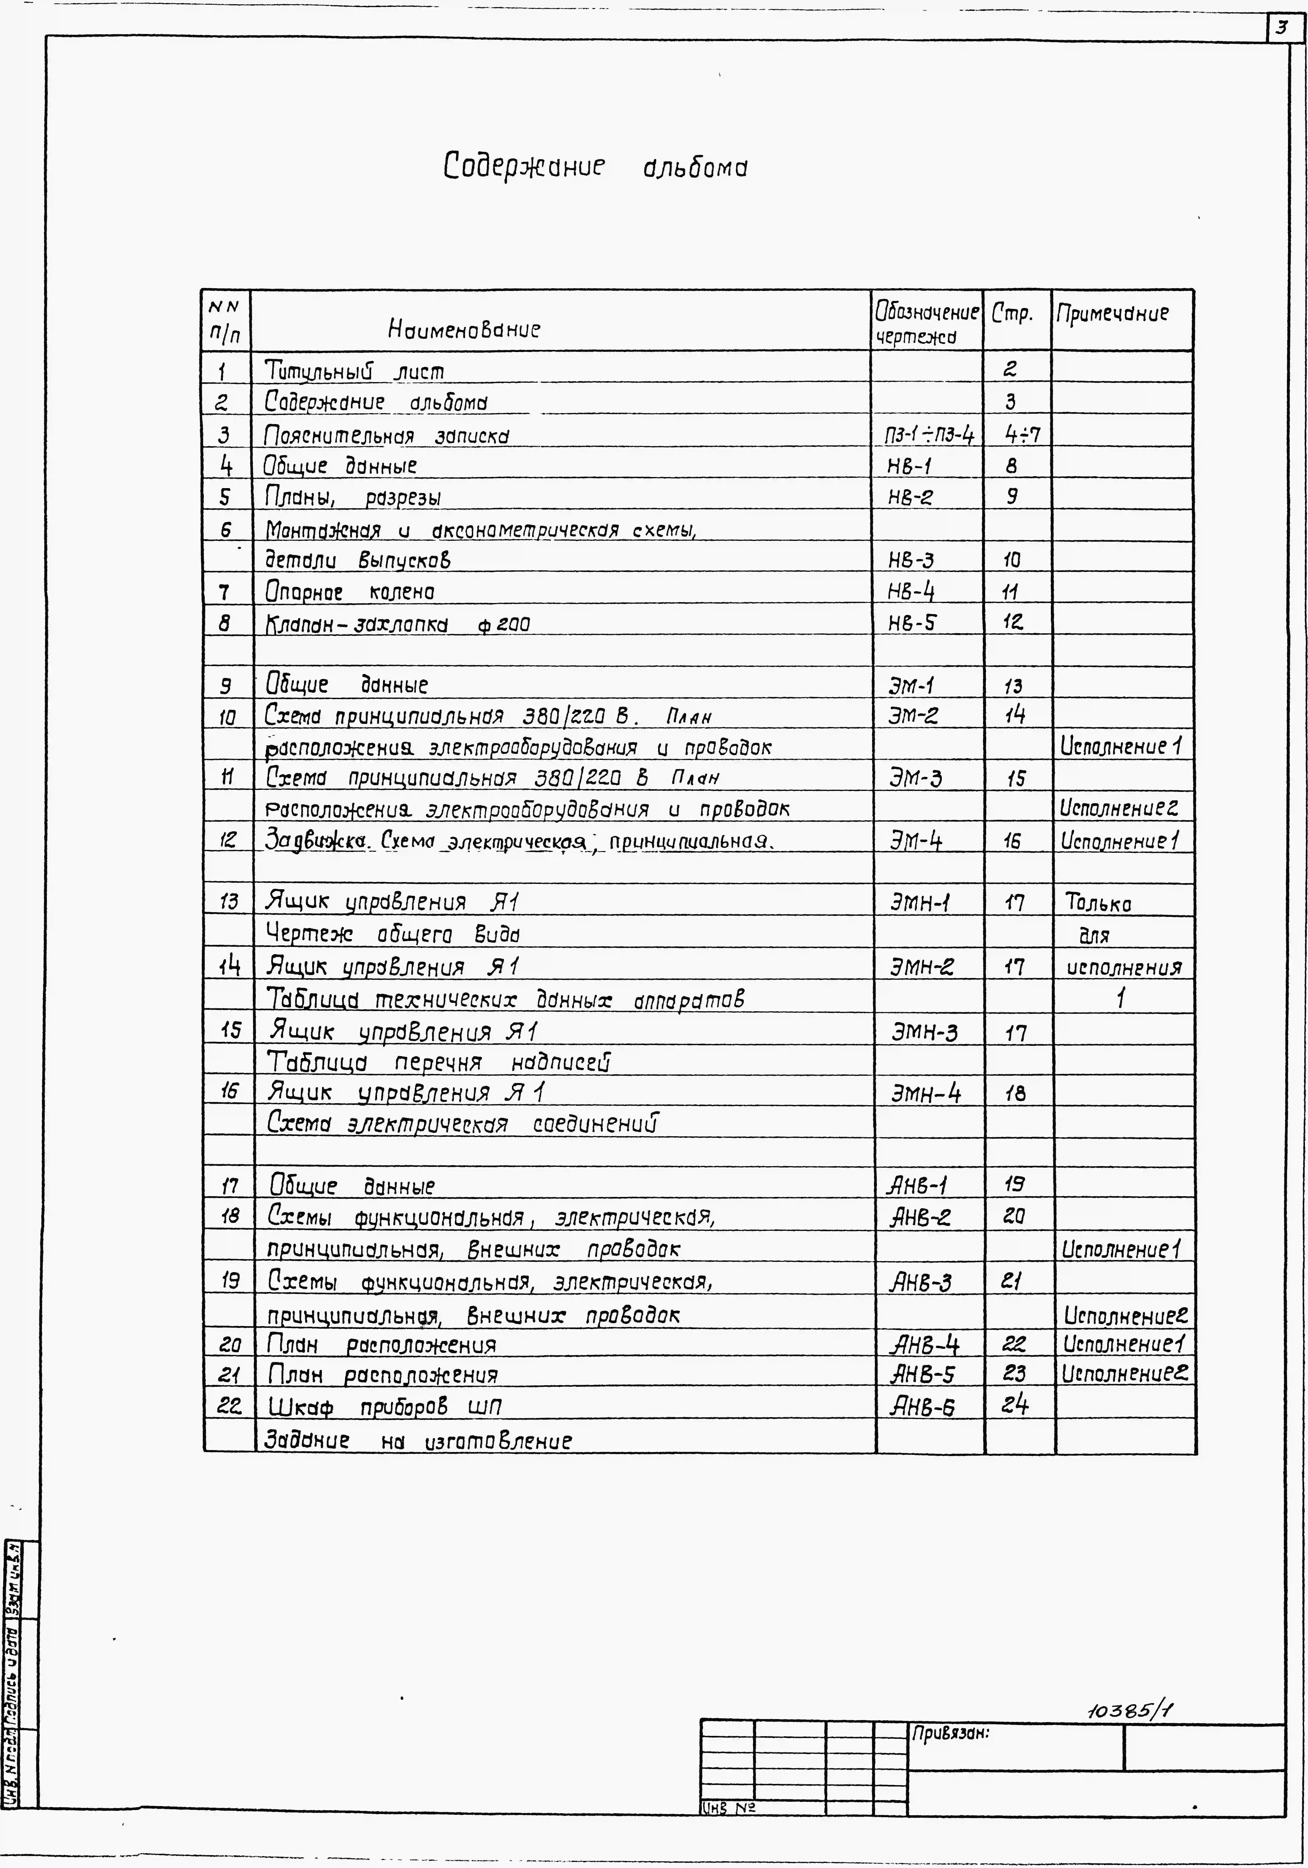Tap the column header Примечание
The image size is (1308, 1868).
pos(1112,313)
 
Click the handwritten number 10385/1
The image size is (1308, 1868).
pos(1129,1711)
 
